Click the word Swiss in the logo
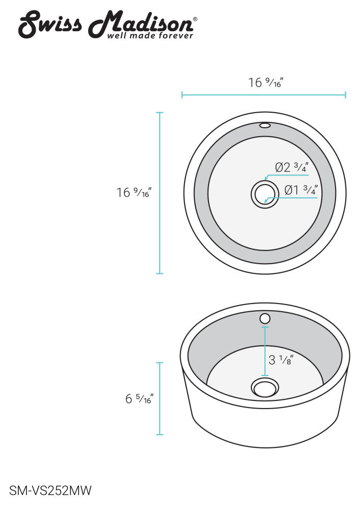point(50,24)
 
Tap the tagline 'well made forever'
point(150,35)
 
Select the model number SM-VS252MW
point(50,491)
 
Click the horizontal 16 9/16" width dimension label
point(265,83)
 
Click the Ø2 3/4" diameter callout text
point(292,167)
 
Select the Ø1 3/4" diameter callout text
point(301,190)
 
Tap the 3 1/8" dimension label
point(281,360)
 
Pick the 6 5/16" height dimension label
point(139,399)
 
